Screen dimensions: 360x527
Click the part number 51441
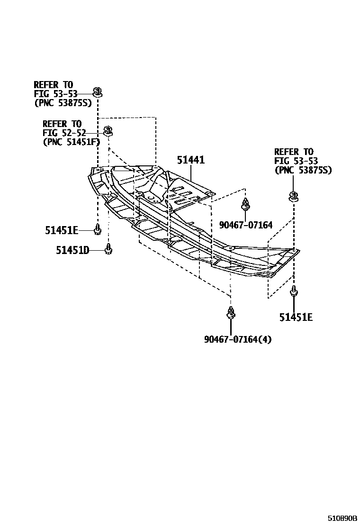click(x=190, y=160)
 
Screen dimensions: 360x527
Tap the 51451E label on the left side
click(x=62, y=230)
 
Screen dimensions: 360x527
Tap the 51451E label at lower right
click(x=296, y=317)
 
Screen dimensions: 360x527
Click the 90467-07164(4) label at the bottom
click(x=238, y=339)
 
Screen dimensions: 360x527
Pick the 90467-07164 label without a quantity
click(x=246, y=225)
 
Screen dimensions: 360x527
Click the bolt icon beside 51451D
click(x=108, y=248)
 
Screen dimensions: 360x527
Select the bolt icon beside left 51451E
click(x=97, y=229)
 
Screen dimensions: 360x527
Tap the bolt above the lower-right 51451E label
click(x=294, y=291)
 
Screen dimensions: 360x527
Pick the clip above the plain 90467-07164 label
click(x=245, y=205)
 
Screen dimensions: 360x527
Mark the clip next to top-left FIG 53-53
click(x=97, y=91)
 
